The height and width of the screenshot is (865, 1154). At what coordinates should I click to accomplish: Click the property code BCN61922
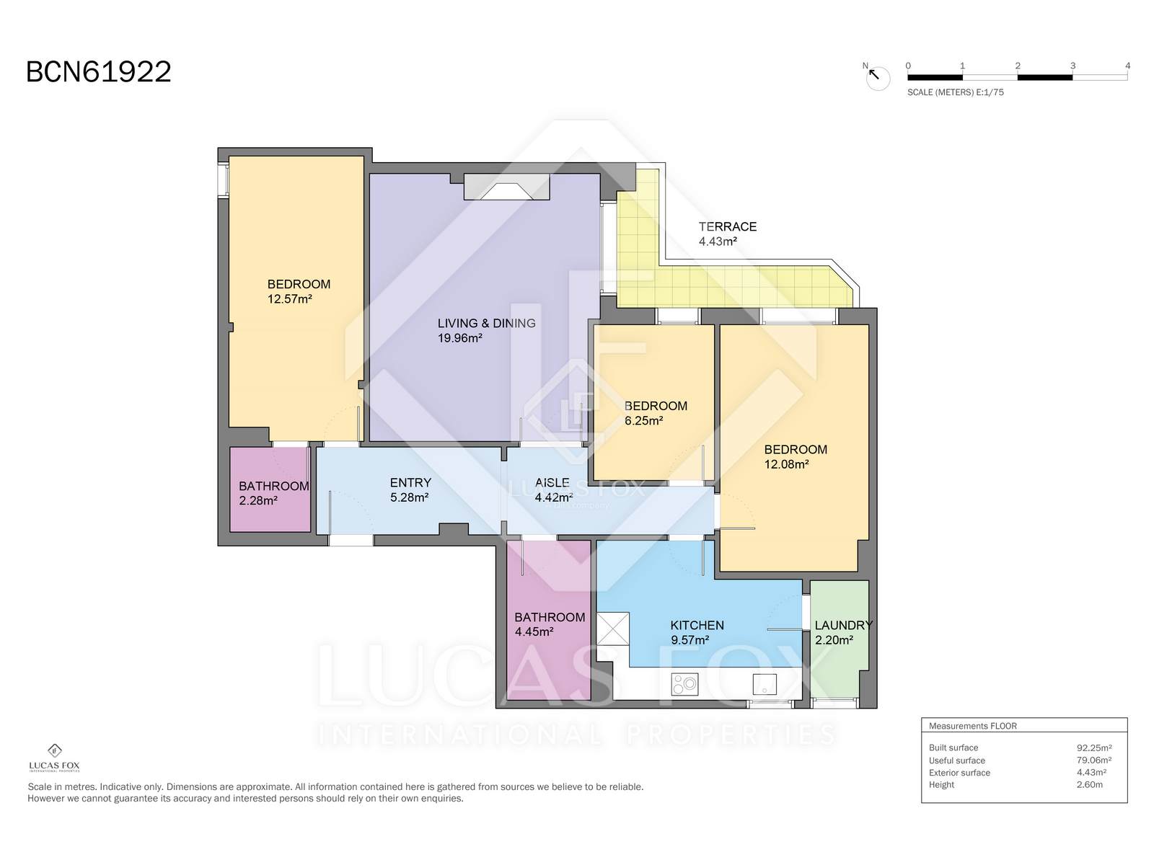pos(98,72)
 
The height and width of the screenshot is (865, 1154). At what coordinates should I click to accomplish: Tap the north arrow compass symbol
pos(877,77)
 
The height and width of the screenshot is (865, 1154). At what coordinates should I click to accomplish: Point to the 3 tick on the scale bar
pos(1072,66)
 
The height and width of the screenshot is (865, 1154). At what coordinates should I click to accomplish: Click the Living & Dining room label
pos(486,323)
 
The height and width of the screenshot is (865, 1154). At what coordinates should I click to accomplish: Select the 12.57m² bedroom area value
pos(290,299)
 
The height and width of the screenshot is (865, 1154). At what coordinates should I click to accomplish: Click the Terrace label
pos(728,227)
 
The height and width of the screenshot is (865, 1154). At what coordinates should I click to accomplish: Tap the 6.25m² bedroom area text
pos(643,421)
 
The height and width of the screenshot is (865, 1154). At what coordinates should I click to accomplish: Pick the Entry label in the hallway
pos(410,483)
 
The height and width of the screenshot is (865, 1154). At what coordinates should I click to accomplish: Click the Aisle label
pos(552,483)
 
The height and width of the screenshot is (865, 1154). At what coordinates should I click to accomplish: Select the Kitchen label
pos(697,626)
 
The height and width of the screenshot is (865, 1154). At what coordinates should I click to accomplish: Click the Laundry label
pos(843,626)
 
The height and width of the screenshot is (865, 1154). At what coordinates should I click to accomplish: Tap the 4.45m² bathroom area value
pos(534,632)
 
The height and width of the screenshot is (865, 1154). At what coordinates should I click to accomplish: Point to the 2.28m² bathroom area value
pos(258,501)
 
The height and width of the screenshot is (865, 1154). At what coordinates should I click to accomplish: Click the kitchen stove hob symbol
pos(684,684)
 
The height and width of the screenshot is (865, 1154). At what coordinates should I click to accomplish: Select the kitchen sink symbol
pos(765,684)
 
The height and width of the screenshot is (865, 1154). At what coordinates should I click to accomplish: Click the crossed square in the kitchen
pos(613,629)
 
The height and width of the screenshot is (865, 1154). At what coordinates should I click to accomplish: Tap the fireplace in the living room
pos(507,187)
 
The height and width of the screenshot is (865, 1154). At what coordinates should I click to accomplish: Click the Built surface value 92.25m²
pos(1093,748)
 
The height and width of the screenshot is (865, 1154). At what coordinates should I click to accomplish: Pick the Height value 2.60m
pos(1089,785)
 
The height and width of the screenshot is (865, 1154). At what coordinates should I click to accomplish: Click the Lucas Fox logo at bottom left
pos(54,758)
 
